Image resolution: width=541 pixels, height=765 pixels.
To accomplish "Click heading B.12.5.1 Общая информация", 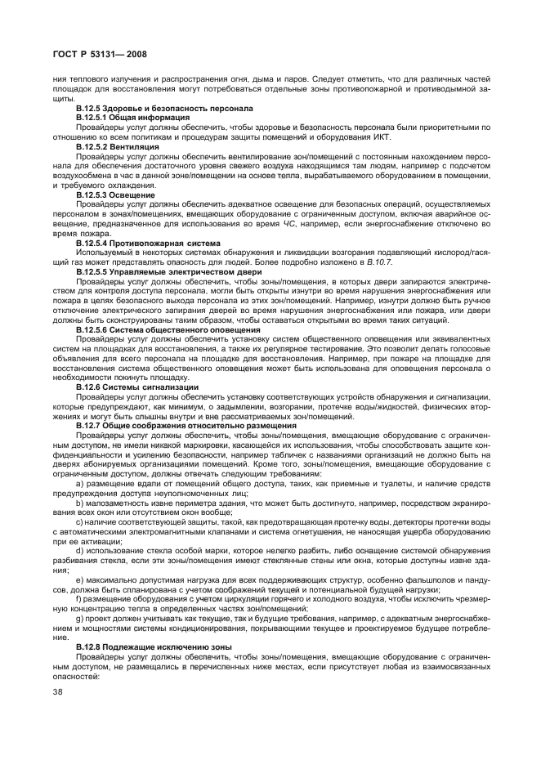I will click(132, 117).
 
